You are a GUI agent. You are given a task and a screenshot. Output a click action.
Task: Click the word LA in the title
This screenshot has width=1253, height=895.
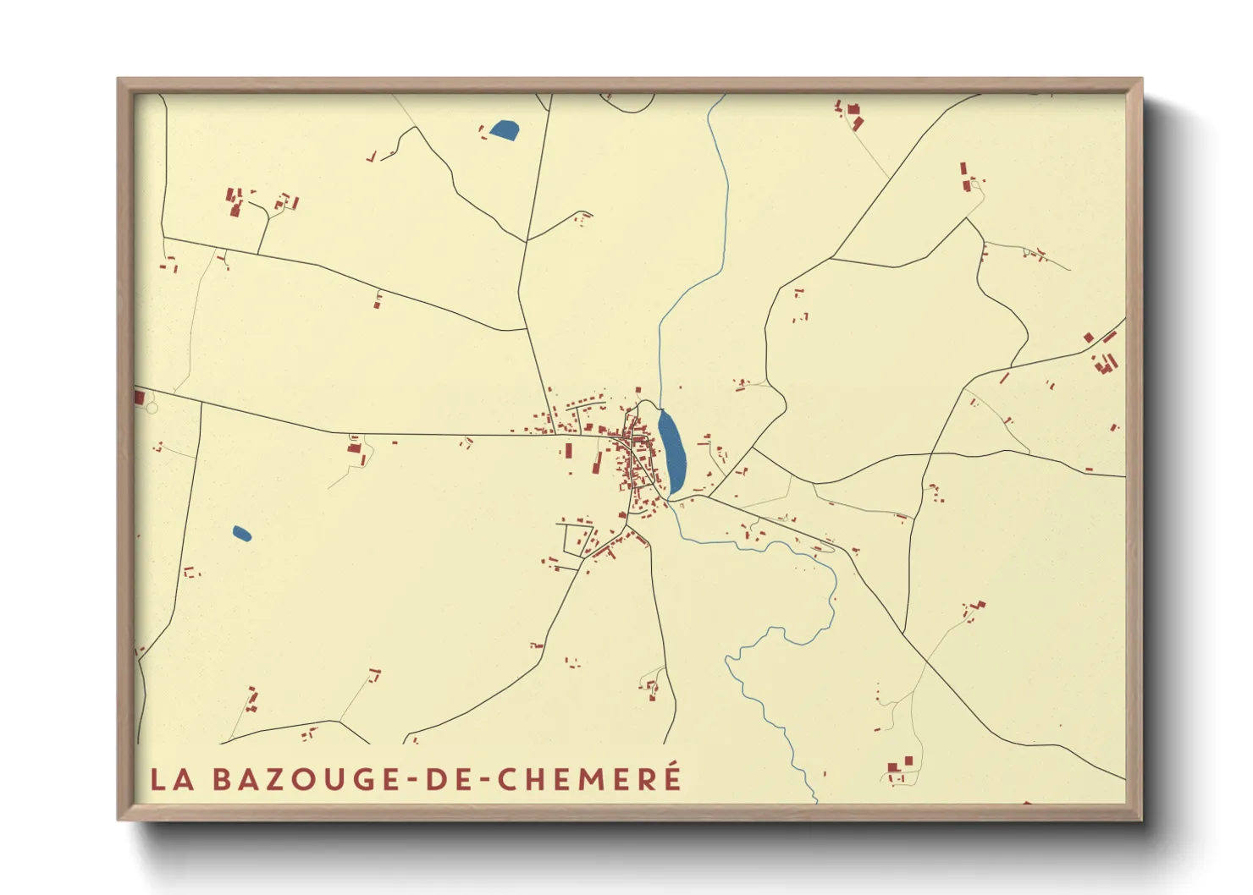coord(172,779)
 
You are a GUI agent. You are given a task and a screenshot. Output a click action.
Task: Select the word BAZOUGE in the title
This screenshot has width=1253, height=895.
coord(305,779)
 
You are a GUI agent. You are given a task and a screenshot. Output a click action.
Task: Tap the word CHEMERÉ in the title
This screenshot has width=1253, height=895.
coord(589,779)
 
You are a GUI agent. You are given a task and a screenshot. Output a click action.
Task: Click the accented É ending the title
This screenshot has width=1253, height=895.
coord(672,777)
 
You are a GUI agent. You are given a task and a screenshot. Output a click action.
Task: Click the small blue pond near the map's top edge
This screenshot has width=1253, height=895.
coord(505,130)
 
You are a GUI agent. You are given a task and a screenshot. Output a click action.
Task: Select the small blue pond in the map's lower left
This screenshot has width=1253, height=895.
coord(241,534)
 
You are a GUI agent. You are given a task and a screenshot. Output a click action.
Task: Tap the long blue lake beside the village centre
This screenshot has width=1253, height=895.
coord(672,452)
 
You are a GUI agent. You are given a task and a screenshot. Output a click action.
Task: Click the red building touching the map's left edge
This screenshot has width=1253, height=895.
coord(139,397)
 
